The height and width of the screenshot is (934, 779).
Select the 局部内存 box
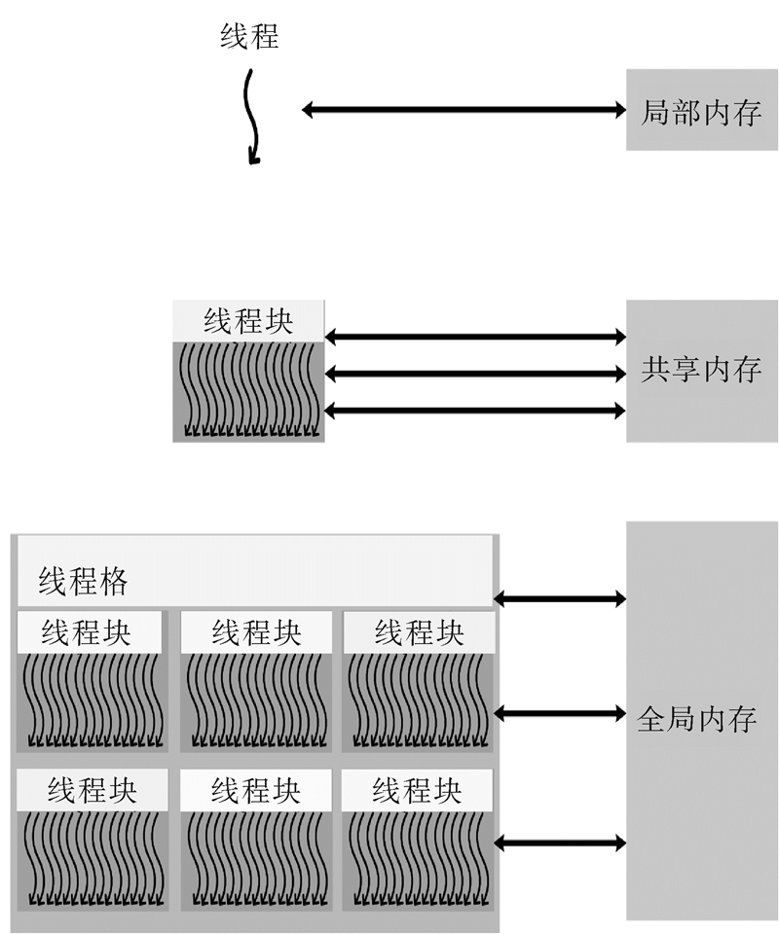[701, 110]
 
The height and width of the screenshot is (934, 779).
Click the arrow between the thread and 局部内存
[463, 110]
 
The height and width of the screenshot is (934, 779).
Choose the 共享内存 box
[701, 370]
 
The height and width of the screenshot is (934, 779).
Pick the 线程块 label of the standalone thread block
[248, 321]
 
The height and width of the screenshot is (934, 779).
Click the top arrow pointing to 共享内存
[474, 338]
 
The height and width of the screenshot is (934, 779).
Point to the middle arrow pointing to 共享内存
[474, 373]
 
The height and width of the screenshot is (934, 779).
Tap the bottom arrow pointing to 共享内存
[474, 411]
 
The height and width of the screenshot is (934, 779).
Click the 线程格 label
[84, 582]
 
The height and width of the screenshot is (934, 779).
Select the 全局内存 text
[696, 721]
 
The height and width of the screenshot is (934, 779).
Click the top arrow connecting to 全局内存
[560, 598]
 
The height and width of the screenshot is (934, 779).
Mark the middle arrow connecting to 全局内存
[560, 714]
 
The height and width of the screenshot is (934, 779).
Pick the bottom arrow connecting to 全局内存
[560, 842]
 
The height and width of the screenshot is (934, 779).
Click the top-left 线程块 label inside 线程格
[88, 632]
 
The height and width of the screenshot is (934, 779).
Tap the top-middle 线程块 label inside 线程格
[256, 632]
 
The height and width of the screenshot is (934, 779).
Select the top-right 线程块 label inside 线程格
[419, 632]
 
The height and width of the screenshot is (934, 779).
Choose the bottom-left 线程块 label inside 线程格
[92, 790]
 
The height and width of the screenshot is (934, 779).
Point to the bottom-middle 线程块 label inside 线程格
[256, 790]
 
